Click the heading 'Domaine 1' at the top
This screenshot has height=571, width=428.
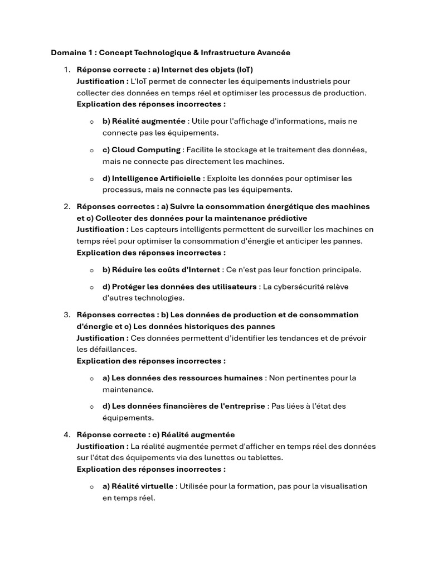(x=70, y=53)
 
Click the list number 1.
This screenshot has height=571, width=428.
(x=66, y=70)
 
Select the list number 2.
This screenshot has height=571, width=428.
(x=66, y=206)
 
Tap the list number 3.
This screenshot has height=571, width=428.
(x=66, y=314)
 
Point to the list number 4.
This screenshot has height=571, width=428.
(x=66, y=434)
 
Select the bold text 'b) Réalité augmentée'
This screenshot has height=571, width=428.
(x=144, y=121)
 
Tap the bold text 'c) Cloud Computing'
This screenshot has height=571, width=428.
(x=142, y=149)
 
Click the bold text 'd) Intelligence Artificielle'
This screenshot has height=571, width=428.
(x=152, y=178)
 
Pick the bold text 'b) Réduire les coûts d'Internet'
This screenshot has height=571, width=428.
(x=161, y=269)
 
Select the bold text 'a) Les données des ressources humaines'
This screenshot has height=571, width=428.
(x=182, y=378)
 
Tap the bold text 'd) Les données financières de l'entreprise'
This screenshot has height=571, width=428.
(x=183, y=406)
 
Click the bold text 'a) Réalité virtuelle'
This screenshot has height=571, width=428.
(x=138, y=486)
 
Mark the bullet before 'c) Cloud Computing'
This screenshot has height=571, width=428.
(x=91, y=150)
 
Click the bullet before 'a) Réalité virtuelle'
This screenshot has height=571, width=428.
(x=91, y=486)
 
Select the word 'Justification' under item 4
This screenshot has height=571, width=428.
(x=101, y=446)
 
